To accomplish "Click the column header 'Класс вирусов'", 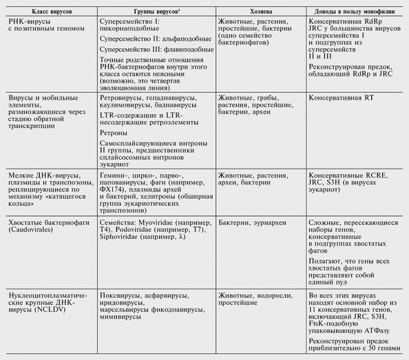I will [x=48, y=11].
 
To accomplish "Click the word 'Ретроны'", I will [x=114, y=133].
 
